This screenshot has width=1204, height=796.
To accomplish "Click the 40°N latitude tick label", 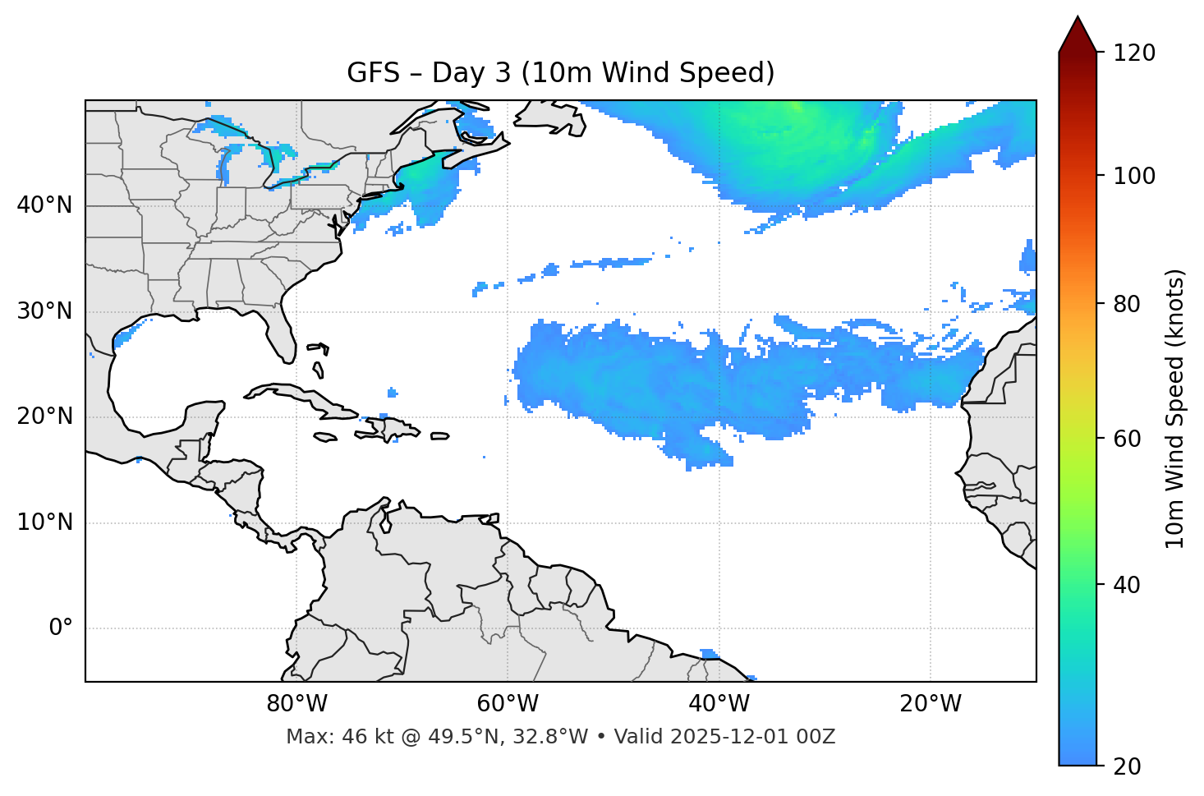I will point(44,205).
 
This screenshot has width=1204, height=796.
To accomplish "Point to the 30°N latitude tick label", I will point(44,311).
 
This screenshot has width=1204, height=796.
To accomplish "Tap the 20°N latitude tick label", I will point(44,416).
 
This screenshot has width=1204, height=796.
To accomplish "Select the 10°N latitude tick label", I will point(44,522).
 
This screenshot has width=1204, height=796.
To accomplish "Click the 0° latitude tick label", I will point(60,628).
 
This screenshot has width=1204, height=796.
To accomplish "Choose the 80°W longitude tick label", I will point(296,704).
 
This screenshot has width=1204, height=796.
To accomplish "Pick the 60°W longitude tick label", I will point(508,704).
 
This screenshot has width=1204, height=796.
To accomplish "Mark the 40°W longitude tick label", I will point(719,704).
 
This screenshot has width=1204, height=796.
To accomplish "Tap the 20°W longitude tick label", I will point(930,704).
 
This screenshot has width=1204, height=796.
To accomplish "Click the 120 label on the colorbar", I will point(1134,53).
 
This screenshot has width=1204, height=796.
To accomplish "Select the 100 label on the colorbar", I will point(1134,176).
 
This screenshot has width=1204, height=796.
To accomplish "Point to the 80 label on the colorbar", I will point(1128,304).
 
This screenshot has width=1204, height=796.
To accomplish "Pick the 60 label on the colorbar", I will point(1128,439).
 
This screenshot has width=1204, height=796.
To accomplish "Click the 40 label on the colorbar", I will point(1128,585).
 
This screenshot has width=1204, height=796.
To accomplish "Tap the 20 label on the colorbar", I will point(1128,766).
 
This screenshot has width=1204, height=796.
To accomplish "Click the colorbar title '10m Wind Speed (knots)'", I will point(1175,408).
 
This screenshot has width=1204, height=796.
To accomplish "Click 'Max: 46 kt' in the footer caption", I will point(332,737).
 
